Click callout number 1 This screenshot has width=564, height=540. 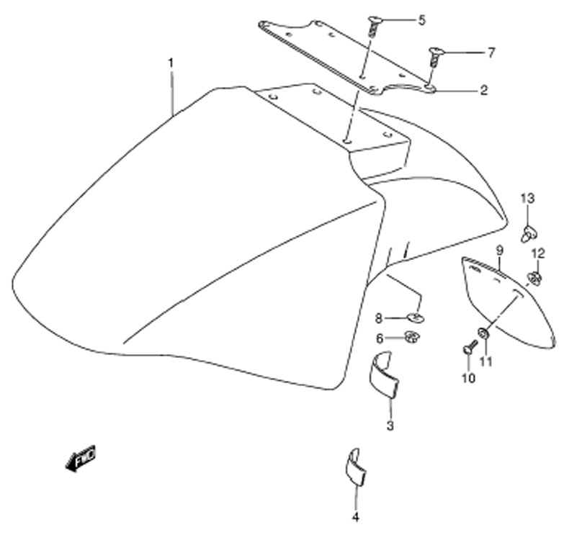click(171, 63)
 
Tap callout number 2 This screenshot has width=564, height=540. click(484, 90)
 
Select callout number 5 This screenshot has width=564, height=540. click(421, 20)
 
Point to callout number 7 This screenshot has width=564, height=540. click(491, 53)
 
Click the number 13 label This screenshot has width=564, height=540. click(528, 198)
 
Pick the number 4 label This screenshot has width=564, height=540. click(355, 517)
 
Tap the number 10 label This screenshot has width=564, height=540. click(469, 378)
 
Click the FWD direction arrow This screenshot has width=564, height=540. click(81, 459)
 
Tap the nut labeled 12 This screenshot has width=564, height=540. click(534, 278)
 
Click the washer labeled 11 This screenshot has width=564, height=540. click(483, 333)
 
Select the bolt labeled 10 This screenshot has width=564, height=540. click(470, 347)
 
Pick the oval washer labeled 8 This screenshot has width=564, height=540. click(416, 318)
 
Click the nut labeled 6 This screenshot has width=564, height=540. click(412, 337)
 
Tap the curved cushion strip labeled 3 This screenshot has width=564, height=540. click(384, 374)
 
